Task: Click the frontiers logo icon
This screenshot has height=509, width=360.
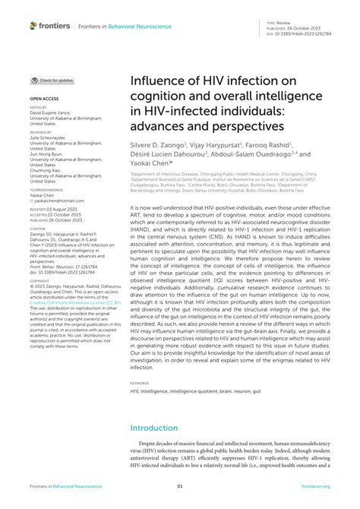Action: (33, 25)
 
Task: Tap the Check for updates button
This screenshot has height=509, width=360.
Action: (52, 80)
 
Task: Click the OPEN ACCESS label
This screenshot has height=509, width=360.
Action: (44, 99)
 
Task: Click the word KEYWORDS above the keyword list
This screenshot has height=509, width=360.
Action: (140, 383)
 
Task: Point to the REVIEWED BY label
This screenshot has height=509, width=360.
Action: (42, 131)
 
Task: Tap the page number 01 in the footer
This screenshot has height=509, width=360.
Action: (180, 487)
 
